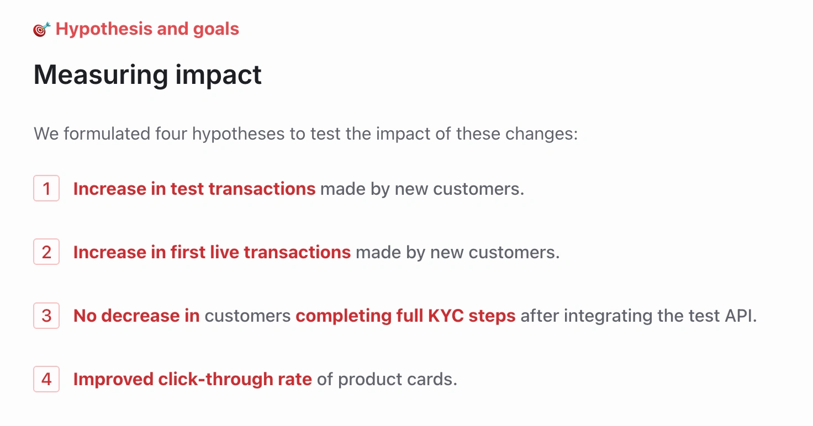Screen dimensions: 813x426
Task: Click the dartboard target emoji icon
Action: [x=42, y=29]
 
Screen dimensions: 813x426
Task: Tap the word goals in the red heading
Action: [x=216, y=30]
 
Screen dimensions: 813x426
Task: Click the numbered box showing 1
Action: [x=46, y=188]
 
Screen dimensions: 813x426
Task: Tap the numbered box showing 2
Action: [x=46, y=252]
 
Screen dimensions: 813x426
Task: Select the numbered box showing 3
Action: [x=46, y=316]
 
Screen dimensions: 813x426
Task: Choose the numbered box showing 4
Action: [x=46, y=379]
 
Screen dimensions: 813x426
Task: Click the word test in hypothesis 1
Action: [x=187, y=189]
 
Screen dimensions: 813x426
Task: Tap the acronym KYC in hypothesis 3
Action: [x=446, y=316]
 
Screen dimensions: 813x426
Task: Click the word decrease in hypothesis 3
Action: [x=140, y=316]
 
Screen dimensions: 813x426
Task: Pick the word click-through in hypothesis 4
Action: [x=215, y=379]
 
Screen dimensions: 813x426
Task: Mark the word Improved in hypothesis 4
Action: [x=113, y=380]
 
